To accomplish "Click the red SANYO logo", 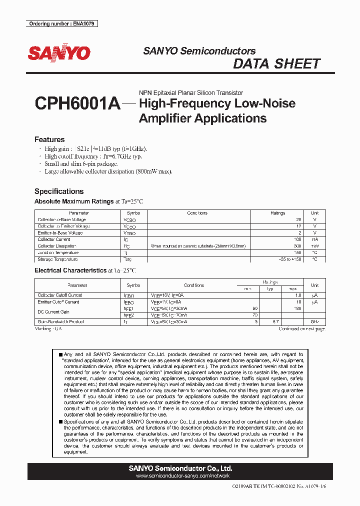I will pyautogui.click(x=59, y=53).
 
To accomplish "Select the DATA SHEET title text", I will pyautogui.click(x=276, y=64).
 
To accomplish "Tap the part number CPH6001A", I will pyautogui.click(x=77, y=104).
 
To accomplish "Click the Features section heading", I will pyautogui.click(x=49, y=139).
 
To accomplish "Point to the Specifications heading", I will pyautogui.click(x=58, y=191).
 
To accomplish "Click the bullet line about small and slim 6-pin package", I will pyautogui.click(x=81, y=164).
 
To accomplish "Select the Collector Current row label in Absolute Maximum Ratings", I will pyautogui.click(x=54, y=239).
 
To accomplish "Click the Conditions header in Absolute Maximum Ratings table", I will pyautogui.click(x=197, y=213).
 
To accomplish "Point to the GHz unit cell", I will pyautogui.click(x=314, y=322).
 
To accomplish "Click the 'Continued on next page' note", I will pyautogui.click(x=301, y=328).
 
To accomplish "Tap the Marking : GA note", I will pyautogui.click(x=48, y=328).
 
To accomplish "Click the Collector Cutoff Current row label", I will pyautogui.click(x=60, y=295).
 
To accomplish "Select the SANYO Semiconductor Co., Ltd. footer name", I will pyautogui.click(x=180, y=468).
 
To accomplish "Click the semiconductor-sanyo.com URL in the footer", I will pyautogui.click(x=180, y=477).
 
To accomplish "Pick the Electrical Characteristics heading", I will pyautogui.click(x=70, y=270).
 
